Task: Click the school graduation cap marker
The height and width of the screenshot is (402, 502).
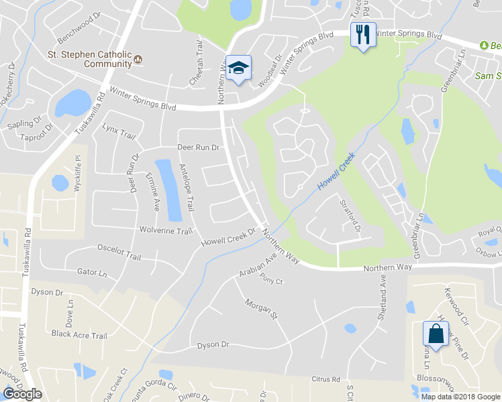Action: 238,68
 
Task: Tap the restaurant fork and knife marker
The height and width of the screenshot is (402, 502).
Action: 363,34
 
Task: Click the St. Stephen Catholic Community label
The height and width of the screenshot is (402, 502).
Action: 89,59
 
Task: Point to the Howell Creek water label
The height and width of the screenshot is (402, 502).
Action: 336,173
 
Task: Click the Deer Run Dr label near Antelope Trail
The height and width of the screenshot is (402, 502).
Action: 198,147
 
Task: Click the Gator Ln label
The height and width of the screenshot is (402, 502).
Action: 92,273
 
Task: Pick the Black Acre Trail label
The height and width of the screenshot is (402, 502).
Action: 79,335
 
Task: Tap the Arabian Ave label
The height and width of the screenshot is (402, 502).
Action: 258,266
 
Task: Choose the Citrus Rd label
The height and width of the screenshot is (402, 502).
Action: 326,379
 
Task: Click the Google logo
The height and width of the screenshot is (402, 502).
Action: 22,394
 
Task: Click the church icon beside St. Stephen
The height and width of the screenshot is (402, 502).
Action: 138,59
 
